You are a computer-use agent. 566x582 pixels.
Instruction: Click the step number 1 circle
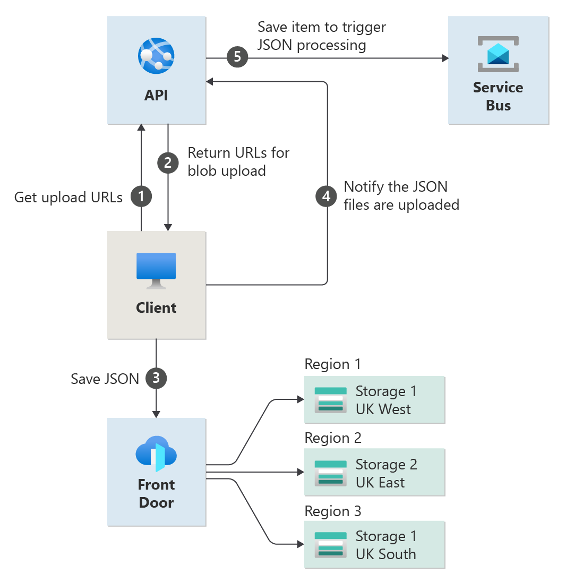[141, 197]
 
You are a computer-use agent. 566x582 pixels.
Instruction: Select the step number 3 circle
[156, 378]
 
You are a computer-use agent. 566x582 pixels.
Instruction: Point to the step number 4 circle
[326, 196]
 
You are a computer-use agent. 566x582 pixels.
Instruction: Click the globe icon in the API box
[156, 55]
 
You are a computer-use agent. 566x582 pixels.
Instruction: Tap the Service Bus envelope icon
[498, 54]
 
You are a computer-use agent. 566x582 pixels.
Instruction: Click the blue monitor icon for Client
[156, 270]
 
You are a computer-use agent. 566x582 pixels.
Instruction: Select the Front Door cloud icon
[156, 454]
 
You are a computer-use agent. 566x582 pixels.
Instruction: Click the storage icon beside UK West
[330, 400]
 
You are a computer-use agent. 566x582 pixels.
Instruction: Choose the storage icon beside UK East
[330, 473]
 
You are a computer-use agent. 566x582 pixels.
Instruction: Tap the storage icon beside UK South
[330, 545]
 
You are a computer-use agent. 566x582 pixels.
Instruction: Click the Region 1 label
[332, 364]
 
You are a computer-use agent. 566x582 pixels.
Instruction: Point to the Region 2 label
[333, 438]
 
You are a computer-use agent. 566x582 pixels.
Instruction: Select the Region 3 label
[333, 511]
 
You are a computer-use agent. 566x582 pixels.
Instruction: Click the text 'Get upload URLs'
[68, 198]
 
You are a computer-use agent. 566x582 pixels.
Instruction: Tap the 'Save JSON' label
[105, 379]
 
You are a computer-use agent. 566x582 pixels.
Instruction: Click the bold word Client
[156, 307]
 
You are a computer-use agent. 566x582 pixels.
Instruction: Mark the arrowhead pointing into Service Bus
[444, 58]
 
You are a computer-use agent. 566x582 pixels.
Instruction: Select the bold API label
[156, 96]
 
